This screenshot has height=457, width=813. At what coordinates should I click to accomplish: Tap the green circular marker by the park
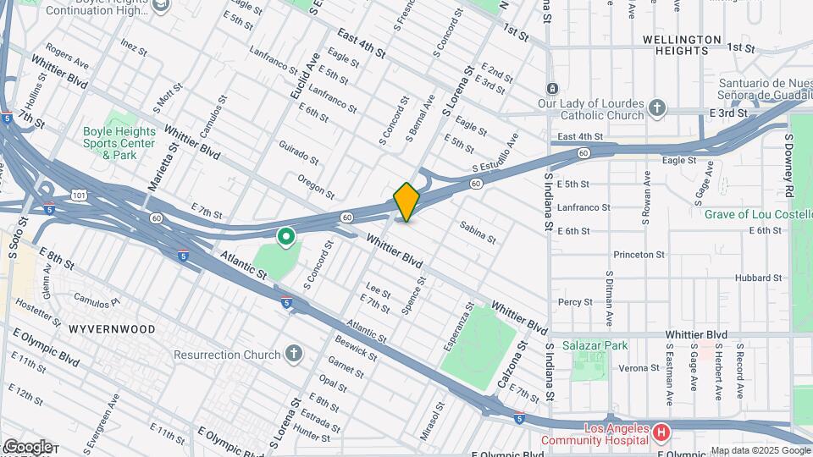[x=286, y=236]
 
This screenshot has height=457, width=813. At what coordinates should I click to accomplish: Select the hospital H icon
[x=661, y=433]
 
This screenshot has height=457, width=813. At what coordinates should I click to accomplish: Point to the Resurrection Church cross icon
[x=293, y=354]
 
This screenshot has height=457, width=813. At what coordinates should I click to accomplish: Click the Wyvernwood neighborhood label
[x=112, y=328]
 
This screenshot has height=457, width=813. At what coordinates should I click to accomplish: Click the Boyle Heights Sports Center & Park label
[x=119, y=143]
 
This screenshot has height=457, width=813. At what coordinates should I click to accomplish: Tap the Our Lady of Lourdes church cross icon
[x=657, y=108]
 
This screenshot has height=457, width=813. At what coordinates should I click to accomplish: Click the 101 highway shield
[x=79, y=195]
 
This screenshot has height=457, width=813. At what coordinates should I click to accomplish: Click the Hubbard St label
[x=758, y=278]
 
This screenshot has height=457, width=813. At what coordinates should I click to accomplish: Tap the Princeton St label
[x=639, y=254]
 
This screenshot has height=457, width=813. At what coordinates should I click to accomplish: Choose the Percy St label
[x=575, y=301]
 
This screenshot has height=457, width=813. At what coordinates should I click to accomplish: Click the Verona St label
[x=639, y=367]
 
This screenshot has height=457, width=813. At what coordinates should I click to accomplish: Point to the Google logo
[x=27, y=446]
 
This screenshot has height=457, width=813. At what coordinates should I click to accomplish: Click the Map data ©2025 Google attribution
[x=760, y=450]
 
